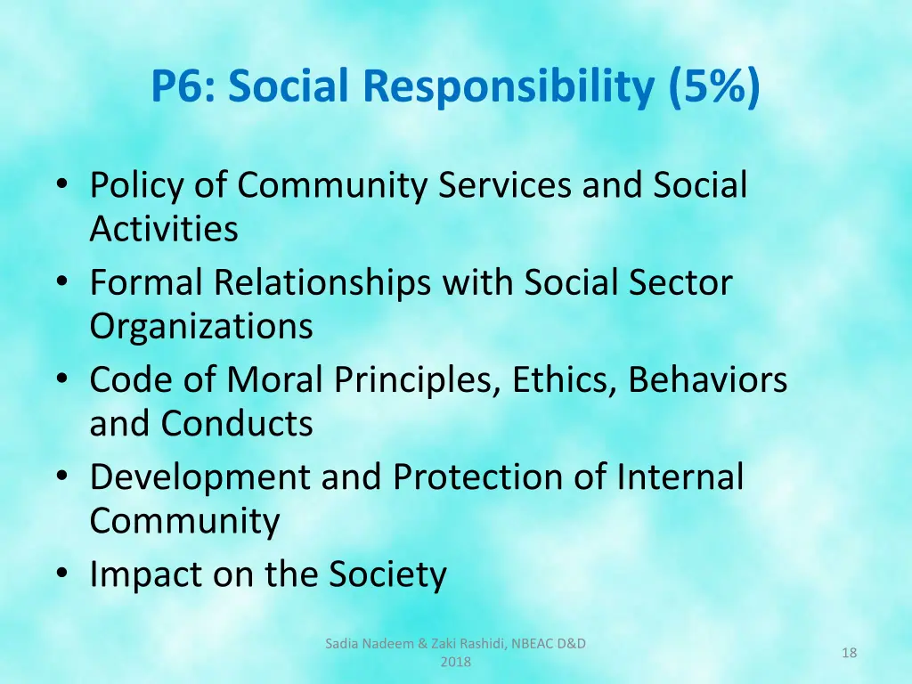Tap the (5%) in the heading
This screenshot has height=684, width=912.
tap(711, 86)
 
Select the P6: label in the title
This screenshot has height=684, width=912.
tap(183, 86)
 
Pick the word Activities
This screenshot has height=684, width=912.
tap(164, 229)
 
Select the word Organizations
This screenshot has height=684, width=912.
tap(201, 326)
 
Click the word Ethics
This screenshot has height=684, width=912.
tap(565, 380)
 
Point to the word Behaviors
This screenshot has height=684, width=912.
tap(708, 380)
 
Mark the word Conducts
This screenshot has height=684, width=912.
tap(237, 423)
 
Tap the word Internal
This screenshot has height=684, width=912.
tap(680, 477)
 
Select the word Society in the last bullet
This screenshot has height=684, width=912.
tap(387, 574)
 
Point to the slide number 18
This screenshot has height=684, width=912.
tap(849, 654)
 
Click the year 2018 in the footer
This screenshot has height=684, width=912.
tap(455, 663)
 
